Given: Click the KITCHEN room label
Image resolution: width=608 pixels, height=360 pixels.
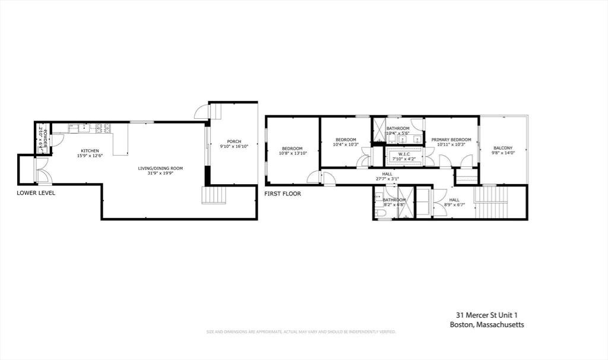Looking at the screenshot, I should point(90,151).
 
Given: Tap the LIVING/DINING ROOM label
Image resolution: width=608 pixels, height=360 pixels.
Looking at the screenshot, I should point(160,168).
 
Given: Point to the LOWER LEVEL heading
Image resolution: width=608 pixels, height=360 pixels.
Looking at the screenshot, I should point(36,193).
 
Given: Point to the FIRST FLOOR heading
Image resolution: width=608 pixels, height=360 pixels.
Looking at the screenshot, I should point(283,194).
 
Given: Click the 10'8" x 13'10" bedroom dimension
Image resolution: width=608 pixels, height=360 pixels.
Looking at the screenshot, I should point(292,153).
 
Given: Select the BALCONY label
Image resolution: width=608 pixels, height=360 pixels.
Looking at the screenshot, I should point(502,148).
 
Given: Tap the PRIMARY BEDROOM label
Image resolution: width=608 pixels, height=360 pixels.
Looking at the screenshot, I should point(451,140).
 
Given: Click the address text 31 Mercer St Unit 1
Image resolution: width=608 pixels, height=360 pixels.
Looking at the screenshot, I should point(482,315).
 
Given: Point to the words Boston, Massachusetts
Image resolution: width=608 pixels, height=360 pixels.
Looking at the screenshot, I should point(486,324).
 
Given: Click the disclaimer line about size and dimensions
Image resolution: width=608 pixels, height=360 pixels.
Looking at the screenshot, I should point(300,331).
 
